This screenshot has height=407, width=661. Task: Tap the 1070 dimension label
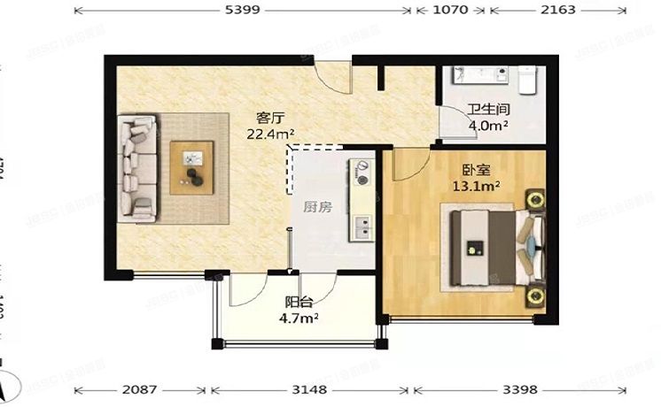click(x=450, y=11)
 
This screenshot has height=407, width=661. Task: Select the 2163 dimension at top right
click(x=558, y=11)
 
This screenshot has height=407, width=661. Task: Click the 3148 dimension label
click(x=310, y=389)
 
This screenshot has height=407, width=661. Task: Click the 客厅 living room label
click(x=270, y=118)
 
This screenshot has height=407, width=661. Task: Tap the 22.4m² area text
click(x=270, y=134)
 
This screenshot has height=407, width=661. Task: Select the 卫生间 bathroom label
click(x=487, y=111)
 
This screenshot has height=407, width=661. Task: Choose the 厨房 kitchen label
click(x=317, y=207)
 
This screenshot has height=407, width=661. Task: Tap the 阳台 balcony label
click(x=298, y=302)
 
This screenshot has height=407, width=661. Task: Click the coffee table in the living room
click(x=192, y=165)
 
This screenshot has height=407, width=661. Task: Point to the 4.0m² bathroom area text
click(x=487, y=126)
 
